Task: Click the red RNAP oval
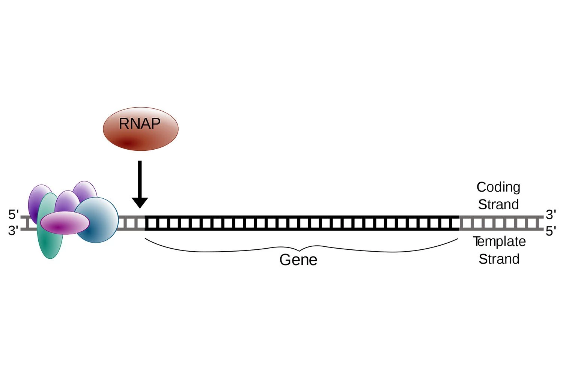140,129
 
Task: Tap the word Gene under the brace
298,260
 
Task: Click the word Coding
498,187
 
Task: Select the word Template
499,241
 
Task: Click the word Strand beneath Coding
498,204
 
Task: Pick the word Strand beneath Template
499,259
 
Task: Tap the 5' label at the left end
13,215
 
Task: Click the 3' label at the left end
13,231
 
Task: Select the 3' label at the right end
551,215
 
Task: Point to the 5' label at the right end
551,231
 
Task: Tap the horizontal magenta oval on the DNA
65,223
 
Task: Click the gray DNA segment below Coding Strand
499,223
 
